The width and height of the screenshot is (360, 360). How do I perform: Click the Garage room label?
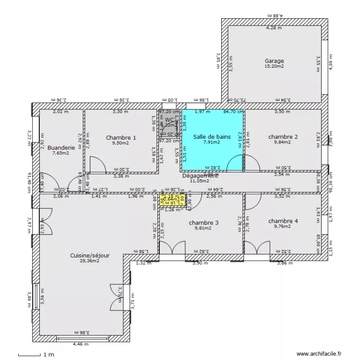coord(274,61)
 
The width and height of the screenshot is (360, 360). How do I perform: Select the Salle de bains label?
coord(212,137)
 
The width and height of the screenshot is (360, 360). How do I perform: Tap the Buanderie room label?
coord(61,148)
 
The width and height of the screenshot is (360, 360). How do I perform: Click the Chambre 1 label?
coord(121,138)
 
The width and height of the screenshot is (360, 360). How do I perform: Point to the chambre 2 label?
coord(283,137)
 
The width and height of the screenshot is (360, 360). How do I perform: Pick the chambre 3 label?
coord(204,223)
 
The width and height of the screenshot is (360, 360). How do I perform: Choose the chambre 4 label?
coord(283,221)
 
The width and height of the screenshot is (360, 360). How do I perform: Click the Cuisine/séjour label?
coord(90,256)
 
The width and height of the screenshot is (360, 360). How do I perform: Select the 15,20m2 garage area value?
coord(274,67)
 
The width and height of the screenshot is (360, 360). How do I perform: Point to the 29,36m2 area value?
coord(90,261)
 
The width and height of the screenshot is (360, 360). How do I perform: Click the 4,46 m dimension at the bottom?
coord(77,344)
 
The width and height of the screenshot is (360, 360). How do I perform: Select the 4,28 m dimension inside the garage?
coord(274,28)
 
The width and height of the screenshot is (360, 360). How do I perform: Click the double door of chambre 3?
coord(172,248)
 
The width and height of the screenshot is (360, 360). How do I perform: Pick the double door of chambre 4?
coord(256,248)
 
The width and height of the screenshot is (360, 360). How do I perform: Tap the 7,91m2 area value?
coord(212,142)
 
